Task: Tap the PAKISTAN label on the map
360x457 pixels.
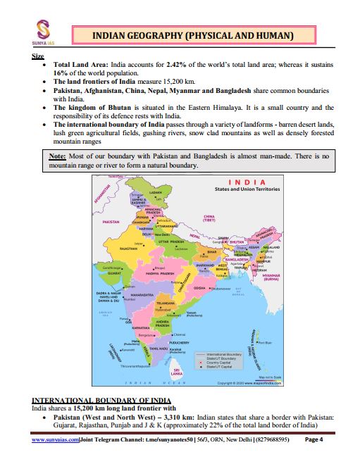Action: coord(112,221)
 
